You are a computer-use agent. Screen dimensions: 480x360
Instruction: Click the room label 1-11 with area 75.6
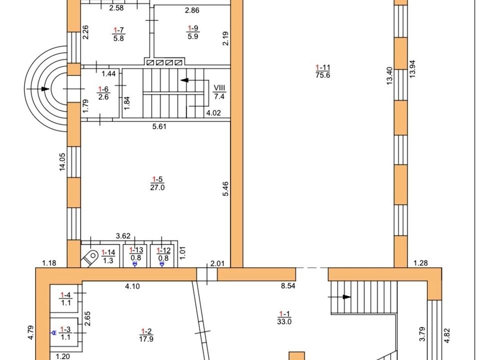click(322, 71)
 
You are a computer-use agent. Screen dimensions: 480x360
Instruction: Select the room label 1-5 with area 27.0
click(157, 183)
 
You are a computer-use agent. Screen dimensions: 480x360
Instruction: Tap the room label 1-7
click(118, 34)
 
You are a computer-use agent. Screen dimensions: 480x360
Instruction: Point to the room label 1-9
click(193, 32)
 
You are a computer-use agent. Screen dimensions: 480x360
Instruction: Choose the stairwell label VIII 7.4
click(219, 92)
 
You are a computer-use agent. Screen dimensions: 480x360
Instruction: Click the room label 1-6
click(103, 93)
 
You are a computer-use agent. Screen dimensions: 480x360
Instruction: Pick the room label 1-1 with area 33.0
click(284, 318)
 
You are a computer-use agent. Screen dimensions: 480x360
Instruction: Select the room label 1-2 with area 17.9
click(146, 335)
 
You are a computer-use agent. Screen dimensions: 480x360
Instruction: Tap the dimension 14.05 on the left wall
click(62, 161)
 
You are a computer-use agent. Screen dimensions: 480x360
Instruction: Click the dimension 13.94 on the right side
click(412, 69)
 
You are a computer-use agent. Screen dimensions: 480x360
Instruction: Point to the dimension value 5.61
click(159, 126)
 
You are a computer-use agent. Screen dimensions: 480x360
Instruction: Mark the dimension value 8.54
click(288, 286)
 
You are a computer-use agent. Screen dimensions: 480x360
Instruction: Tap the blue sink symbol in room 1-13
click(134, 264)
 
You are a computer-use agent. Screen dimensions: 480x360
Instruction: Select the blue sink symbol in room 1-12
click(162, 264)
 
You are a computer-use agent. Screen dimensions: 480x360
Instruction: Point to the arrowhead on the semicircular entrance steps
click(45, 89)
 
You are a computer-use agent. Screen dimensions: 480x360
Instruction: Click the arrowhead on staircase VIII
click(184, 80)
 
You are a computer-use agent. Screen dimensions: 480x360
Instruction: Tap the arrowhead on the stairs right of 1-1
click(347, 297)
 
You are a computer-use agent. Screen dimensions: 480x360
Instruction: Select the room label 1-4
click(66, 299)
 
